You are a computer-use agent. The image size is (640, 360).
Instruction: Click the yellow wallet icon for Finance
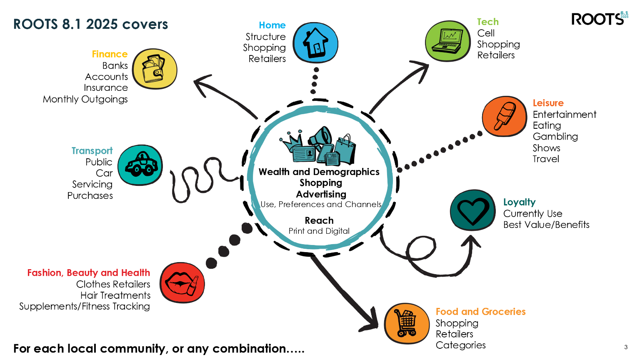[155, 69]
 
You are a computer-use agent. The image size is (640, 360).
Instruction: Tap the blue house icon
[315, 42]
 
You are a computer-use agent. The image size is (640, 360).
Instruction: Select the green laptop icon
[448, 41]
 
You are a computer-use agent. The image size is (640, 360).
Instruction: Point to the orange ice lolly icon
[505, 116]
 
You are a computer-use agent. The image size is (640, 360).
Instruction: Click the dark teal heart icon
[473, 210]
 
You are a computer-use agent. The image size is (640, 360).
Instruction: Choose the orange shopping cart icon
[407, 323]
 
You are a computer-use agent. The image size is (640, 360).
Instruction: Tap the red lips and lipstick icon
[182, 282]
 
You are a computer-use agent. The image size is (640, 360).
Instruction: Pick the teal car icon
[140, 165]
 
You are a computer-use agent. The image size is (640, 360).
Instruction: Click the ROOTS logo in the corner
[599, 19]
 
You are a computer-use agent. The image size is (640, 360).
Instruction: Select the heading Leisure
[548, 103]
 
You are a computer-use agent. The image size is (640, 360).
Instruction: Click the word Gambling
[555, 137]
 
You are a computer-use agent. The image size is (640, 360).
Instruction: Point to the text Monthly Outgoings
[85, 99]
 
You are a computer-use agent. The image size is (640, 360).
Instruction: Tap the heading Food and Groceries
[480, 312]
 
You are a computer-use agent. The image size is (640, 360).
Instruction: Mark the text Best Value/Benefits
[546, 225]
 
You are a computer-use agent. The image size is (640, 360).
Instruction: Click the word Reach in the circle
[319, 220]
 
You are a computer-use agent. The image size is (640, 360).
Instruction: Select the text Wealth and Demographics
[319, 172]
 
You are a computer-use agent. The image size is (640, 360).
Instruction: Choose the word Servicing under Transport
[92, 184]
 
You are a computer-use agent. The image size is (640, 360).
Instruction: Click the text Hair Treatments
[115, 295]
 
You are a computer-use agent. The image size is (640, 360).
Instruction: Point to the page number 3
[626, 347]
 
